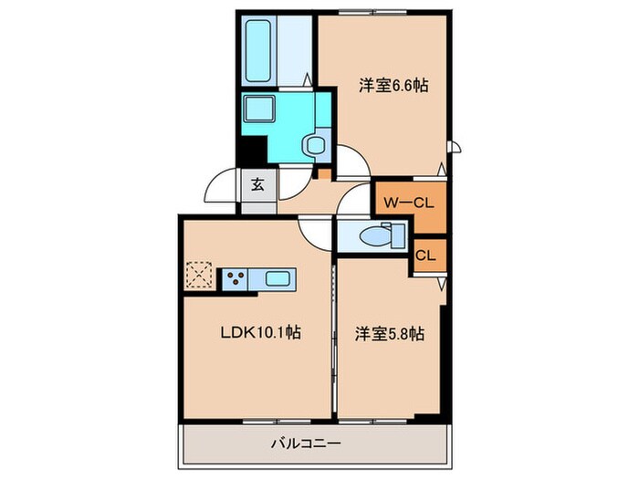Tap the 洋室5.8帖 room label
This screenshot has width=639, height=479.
389,335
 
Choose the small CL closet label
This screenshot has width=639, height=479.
425,255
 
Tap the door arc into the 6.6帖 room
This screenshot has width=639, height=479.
352,162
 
